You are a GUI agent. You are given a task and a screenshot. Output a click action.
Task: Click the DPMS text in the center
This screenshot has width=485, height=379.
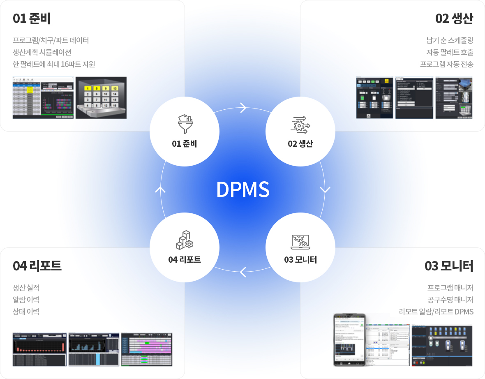tap(243, 189)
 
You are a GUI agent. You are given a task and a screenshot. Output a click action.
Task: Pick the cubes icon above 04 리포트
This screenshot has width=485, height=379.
tap(185, 240)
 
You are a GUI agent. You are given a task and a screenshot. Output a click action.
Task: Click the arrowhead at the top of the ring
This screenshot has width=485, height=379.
tap(243, 108)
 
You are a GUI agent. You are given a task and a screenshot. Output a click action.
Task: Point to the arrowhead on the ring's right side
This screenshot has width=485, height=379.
tap(325, 189)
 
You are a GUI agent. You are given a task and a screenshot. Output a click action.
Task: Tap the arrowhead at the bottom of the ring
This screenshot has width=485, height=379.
tap(243, 271)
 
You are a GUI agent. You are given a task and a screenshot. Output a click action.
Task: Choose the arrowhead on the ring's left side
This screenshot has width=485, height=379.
tap(160, 189)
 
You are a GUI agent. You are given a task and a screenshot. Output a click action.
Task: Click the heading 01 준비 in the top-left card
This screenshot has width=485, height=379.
tap(32, 19)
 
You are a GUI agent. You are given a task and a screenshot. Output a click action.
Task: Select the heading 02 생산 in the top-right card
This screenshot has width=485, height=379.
tap(454, 19)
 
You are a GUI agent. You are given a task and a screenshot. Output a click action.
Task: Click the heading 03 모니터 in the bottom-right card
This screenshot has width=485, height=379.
tap(449, 266)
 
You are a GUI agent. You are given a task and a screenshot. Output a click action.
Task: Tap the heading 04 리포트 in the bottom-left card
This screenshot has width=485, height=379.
tap(37, 266)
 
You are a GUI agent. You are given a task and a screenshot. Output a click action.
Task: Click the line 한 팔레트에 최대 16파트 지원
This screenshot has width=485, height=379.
tap(54, 64)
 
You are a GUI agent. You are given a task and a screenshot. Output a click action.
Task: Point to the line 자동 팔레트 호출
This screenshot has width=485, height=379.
tap(450, 52)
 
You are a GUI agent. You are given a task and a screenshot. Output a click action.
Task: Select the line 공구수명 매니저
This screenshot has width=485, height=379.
tap(450, 299)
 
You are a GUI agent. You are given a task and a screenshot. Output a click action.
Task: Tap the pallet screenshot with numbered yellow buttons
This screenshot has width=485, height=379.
tap(101, 98)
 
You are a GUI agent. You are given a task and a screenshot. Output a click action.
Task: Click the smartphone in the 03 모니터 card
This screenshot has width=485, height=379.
tap(349, 340)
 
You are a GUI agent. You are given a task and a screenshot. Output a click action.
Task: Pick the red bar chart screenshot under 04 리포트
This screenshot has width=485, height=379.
tap(39, 349)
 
